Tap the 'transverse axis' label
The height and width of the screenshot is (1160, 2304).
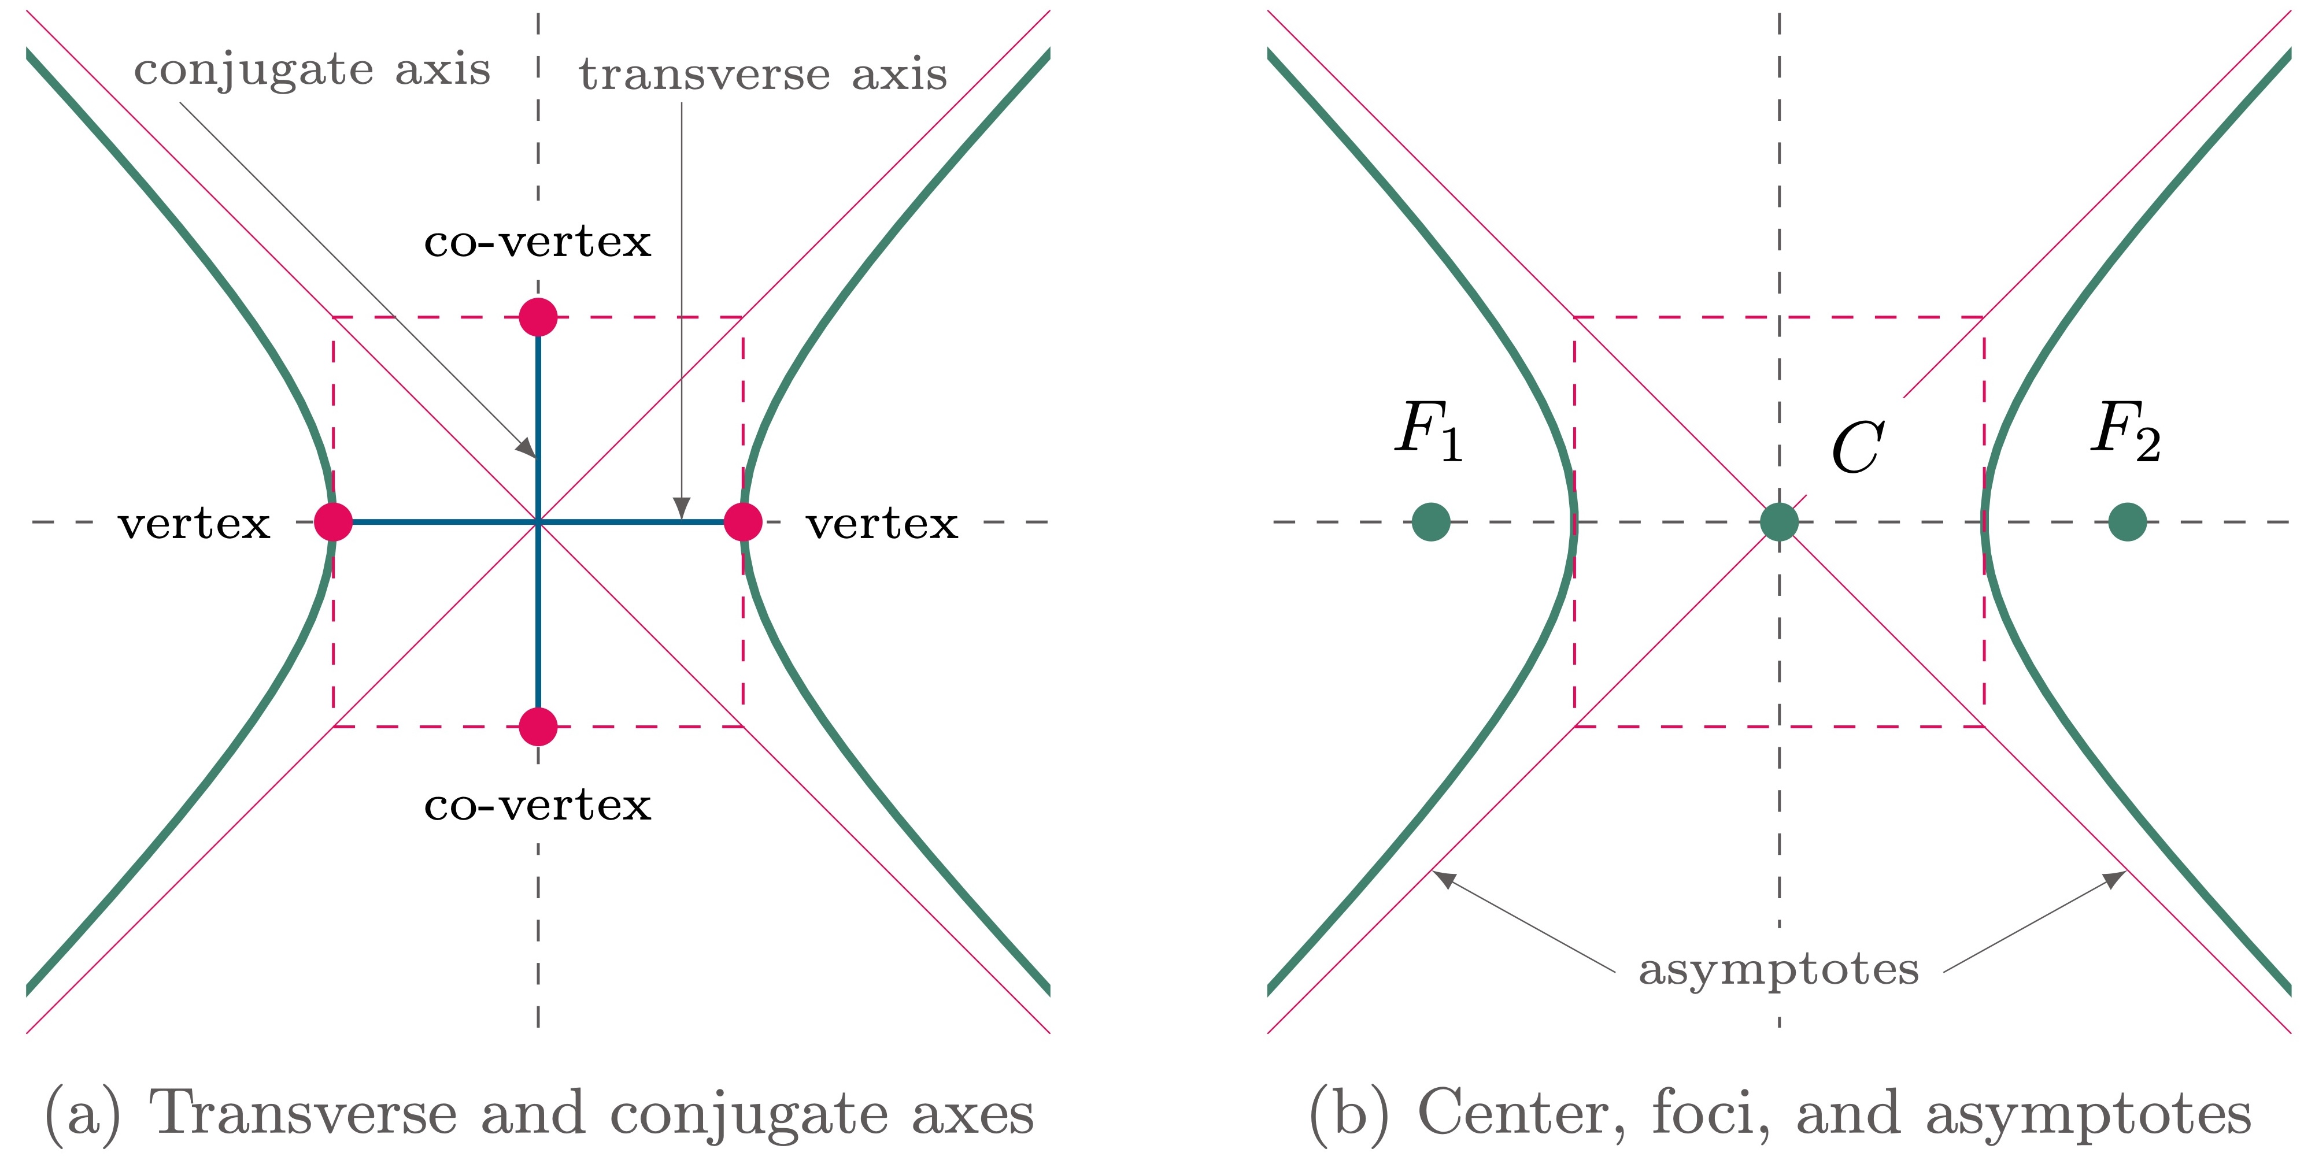pyautogui.click(x=763, y=73)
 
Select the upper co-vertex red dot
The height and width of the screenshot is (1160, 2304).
pyautogui.click(x=538, y=317)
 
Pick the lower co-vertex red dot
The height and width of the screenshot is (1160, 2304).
pyautogui.click(x=538, y=727)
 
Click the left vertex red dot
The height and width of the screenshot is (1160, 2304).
pyautogui.click(x=334, y=521)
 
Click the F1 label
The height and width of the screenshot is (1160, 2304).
pyautogui.click(x=1429, y=431)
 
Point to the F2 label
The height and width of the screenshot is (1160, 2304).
pyautogui.click(x=2126, y=431)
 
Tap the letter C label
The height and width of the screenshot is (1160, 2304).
pyautogui.click(x=1858, y=447)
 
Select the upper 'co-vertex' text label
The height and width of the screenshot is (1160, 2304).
pyautogui.click(x=538, y=242)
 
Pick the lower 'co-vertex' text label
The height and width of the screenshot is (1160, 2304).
pyautogui.click(x=538, y=805)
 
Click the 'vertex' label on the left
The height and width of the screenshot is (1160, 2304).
pyautogui.click(x=194, y=523)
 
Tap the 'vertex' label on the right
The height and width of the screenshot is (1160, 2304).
pyautogui.click(x=882, y=523)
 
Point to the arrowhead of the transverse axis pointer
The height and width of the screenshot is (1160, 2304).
pyautogui.click(x=682, y=508)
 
